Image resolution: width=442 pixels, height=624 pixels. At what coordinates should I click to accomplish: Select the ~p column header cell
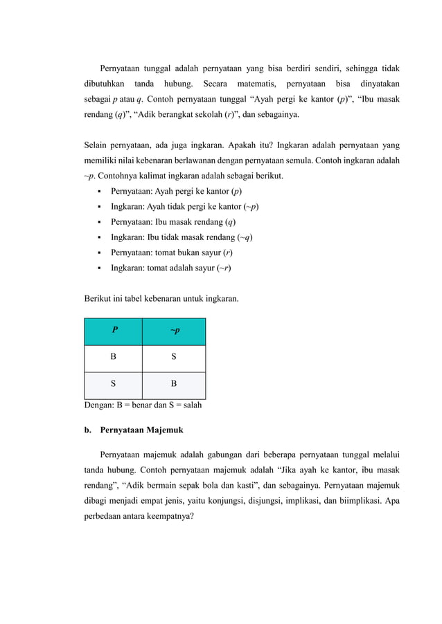[173, 331]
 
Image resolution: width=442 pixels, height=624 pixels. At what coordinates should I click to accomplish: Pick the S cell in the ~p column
[173, 358]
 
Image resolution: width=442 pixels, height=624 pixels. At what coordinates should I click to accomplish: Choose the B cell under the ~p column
[173, 383]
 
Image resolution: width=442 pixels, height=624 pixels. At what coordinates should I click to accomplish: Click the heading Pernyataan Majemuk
[142, 430]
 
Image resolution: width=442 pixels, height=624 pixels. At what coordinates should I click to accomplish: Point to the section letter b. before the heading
[88, 430]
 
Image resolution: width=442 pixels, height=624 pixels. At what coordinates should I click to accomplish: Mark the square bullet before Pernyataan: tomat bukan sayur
[101, 253]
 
